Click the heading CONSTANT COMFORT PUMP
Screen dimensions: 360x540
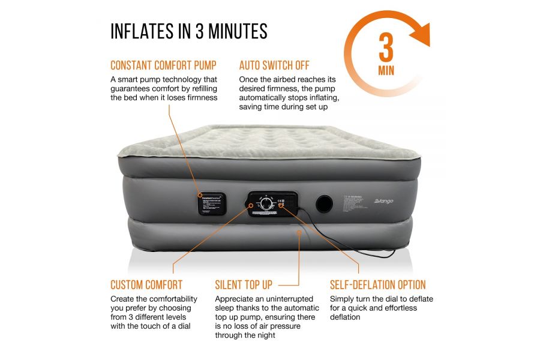163,65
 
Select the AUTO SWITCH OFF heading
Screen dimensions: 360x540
274,65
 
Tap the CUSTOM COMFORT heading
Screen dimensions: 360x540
146,285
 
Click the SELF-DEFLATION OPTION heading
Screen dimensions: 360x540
378,285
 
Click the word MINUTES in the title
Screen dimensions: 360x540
235,31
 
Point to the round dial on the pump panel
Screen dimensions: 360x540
265,204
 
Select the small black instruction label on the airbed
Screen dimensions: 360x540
212,203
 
